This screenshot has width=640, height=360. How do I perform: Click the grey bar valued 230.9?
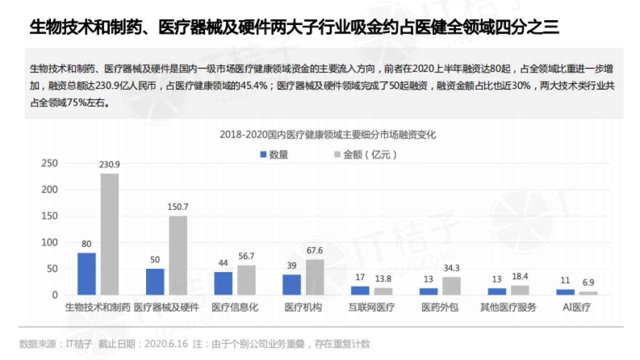(x=109, y=234)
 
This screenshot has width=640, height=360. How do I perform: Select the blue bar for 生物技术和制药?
(x=86, y=274)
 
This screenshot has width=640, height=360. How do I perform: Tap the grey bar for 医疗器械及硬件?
(x=178, y=255)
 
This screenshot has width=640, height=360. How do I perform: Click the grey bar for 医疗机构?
(x=315, y=277)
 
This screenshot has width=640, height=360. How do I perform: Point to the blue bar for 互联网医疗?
(x=360, y=291)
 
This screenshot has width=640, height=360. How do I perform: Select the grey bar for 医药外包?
(x=451, y=286)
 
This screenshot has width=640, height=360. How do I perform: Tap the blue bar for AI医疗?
(x=565, y=292)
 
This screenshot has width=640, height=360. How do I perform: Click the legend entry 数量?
(x=274, y=155)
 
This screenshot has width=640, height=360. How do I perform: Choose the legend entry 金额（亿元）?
(x=365, y=155)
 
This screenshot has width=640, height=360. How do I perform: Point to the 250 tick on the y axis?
(x=49, y=164)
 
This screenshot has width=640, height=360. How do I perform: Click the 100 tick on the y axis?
(x=49, y=243)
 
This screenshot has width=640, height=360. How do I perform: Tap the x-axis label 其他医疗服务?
(x=508, y=308)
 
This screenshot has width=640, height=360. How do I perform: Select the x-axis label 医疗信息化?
(x=235, y=308)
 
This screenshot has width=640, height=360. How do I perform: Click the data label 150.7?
(x=178, y=207)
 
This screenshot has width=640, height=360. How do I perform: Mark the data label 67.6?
(x=315, y=251)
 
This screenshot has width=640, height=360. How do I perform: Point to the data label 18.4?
(x=520, y=277)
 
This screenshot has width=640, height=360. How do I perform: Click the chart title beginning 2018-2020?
(x=327, y=135)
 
